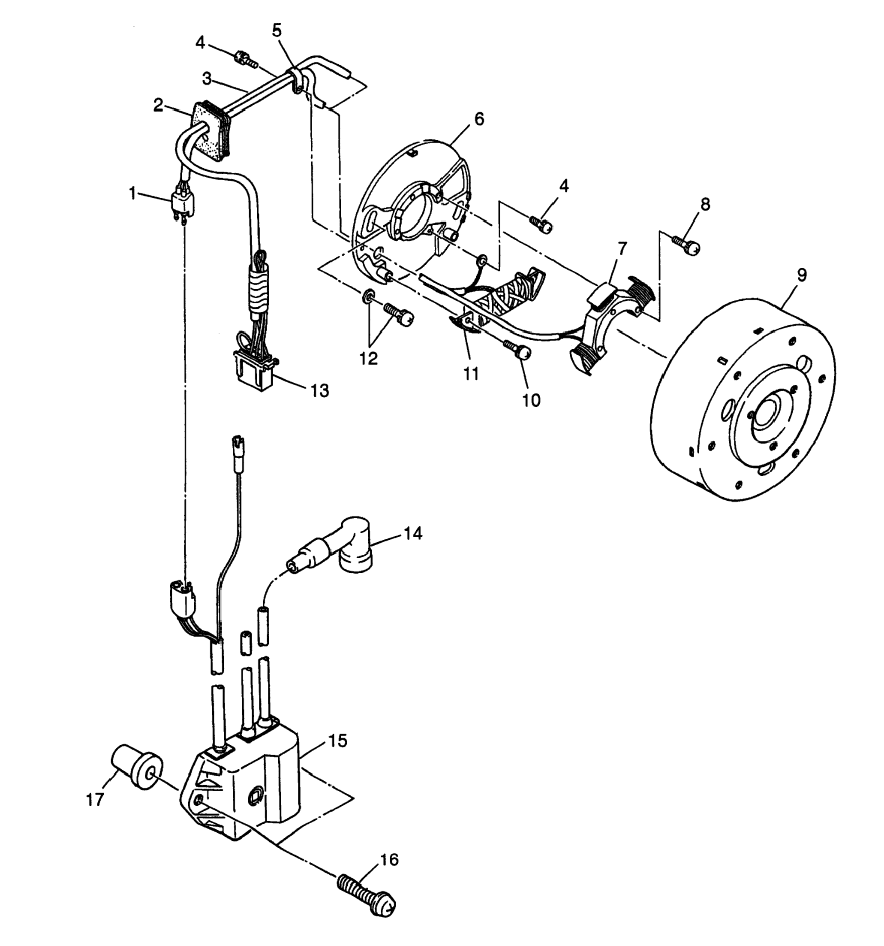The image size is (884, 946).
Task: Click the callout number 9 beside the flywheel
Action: coord(801,275)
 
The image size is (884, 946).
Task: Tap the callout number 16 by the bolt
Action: coord(388,860)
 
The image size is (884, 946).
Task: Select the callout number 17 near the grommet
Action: coord(95,800)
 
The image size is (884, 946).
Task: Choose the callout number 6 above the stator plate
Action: coord(479,119)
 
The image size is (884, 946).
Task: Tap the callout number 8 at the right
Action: coord(705,204)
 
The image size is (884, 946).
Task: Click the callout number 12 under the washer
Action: coord(369,358)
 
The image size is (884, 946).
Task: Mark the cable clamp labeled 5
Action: coord(296,80)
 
